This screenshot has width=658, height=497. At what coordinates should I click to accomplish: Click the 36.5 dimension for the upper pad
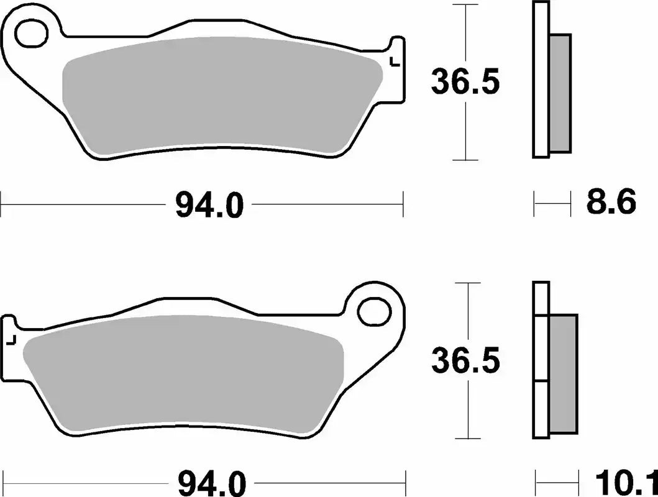tap(465, 83)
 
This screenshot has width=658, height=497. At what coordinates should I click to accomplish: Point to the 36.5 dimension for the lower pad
tap(465, 361)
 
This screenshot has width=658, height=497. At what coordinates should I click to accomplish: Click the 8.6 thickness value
tap(611, 203)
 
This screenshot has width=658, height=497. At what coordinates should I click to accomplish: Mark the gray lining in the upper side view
tap(560, 93)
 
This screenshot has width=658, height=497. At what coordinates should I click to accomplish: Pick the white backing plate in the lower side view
tap(541, 360)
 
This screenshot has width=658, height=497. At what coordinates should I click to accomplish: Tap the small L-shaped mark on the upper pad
tap(392, 60)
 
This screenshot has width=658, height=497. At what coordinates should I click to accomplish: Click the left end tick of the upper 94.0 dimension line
tap(2, 204)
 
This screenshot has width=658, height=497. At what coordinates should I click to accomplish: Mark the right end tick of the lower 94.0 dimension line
tap(406, 481)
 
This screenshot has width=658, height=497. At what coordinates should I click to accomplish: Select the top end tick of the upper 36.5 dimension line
tap(465, 5)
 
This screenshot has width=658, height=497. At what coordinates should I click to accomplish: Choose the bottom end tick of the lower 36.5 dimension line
tap(465, 437)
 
